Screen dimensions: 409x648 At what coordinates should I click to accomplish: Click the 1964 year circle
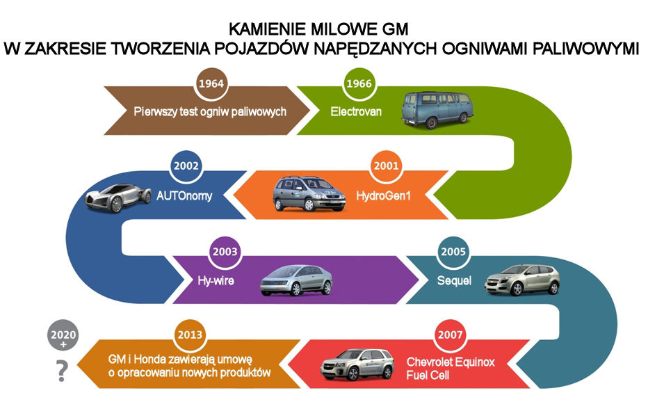(210, 83)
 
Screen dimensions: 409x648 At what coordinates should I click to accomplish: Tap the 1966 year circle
(357, 83)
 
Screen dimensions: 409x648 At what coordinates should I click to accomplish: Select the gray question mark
(63, 373)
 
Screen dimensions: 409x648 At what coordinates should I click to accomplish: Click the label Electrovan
(356, 111)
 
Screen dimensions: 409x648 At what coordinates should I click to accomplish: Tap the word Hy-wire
(216, 281)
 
